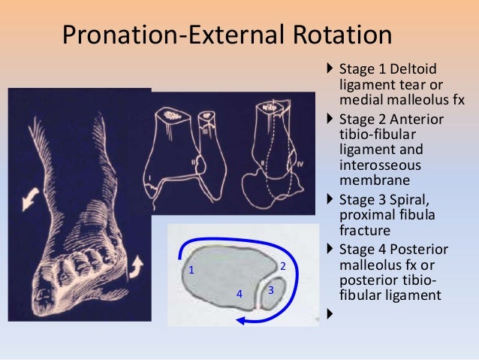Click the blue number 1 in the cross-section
click(191, 269)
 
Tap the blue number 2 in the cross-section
click(282, 265)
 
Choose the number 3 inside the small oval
click(272, 289)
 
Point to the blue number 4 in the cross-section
click(239, 294)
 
